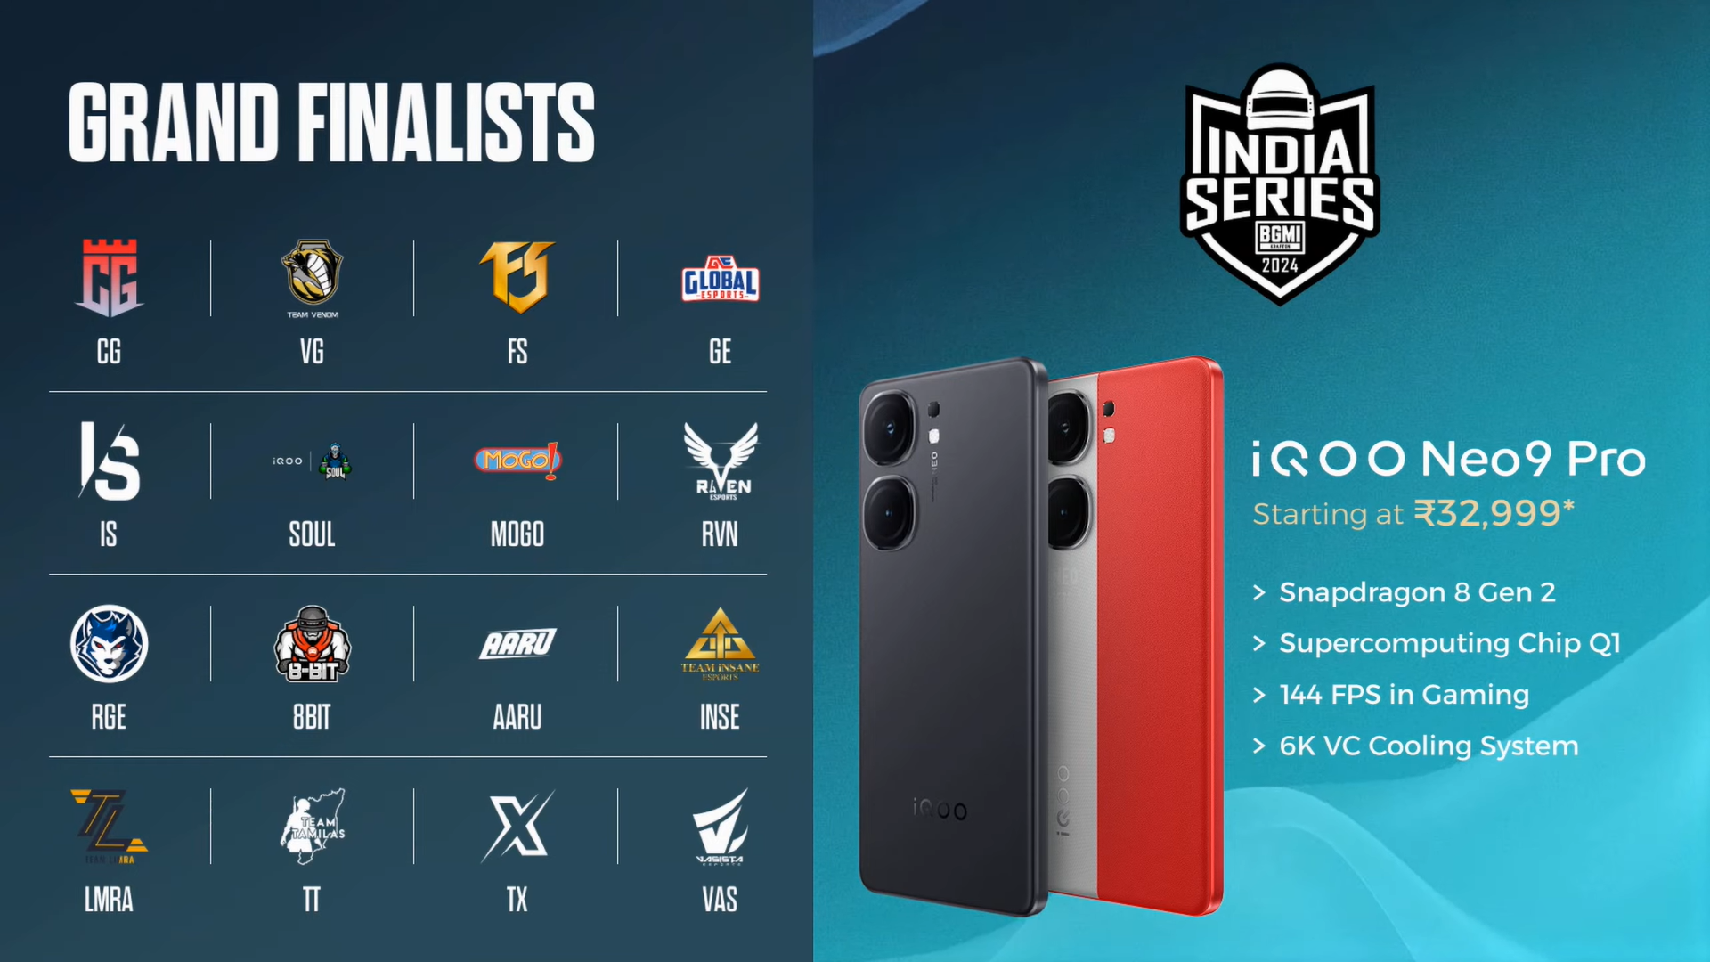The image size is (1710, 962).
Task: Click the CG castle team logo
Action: tap(109, 278)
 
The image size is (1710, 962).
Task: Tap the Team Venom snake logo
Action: tap(312, 273)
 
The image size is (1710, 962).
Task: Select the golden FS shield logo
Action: tap(517, 276)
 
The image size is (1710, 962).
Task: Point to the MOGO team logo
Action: tap(517, 460)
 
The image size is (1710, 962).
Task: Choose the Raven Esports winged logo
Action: tap(721, 460)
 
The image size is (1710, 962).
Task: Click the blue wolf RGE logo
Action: tap(109, 644)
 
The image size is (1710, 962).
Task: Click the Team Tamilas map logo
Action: tap(312, 826)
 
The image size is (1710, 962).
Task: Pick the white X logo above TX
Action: tap(517, 826)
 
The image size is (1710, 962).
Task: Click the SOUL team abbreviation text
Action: tap(312, 534)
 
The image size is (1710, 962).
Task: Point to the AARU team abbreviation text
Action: tap(517, 717)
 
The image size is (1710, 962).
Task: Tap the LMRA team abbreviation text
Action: tap(109, 900)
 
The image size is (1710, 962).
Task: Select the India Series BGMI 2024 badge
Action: tap(1280, 183)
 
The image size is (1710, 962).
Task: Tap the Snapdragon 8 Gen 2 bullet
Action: tap(1416, 592)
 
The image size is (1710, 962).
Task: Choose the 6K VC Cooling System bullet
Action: tap(1428, 746)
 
